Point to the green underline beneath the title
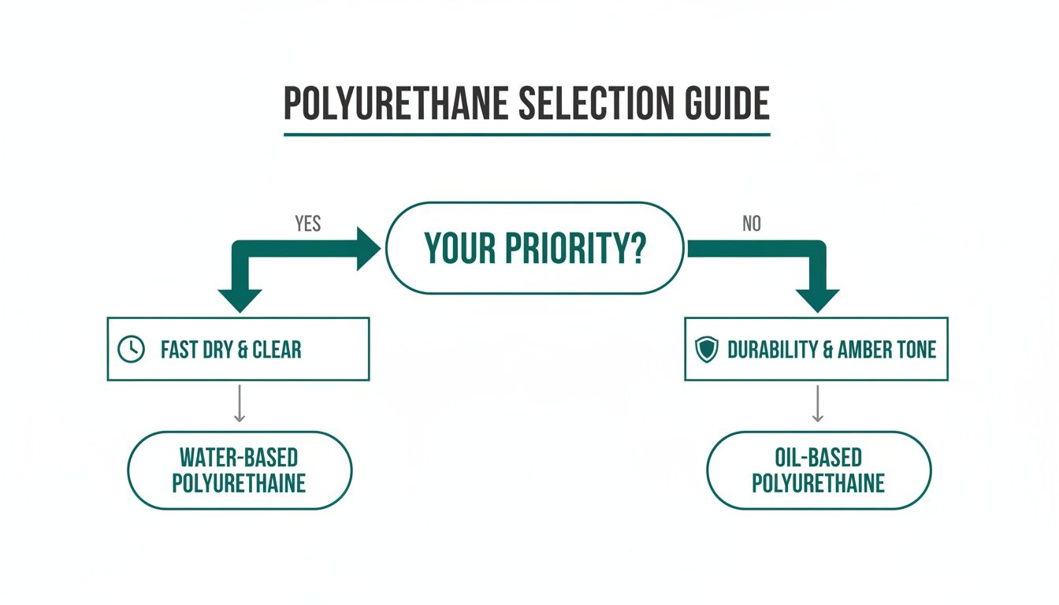tap(526, 135)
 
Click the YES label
tap(307, 224)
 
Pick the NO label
tap(751, 224)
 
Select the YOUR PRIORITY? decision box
tap(534, 248)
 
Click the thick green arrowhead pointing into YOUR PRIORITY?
tap(369, 248)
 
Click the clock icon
tap(131, 350)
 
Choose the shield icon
tap(708, 350)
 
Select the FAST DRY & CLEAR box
tap(238, 349)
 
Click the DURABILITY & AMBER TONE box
tap(816, 349)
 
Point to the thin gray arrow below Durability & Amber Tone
tap(818, 403)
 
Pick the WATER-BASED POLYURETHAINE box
tap(240, 470)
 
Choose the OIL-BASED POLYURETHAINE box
tap(818, 470)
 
